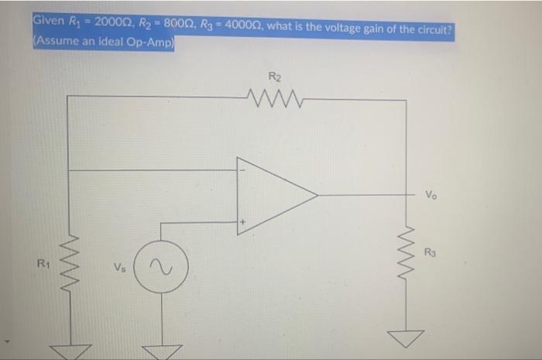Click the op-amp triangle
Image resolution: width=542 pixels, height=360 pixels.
pos(274,194)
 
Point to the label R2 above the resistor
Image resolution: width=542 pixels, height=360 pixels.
pos(274,77)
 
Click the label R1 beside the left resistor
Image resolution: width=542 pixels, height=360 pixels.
pos(44,266)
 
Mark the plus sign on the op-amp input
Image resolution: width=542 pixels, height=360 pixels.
pos(242,222)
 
